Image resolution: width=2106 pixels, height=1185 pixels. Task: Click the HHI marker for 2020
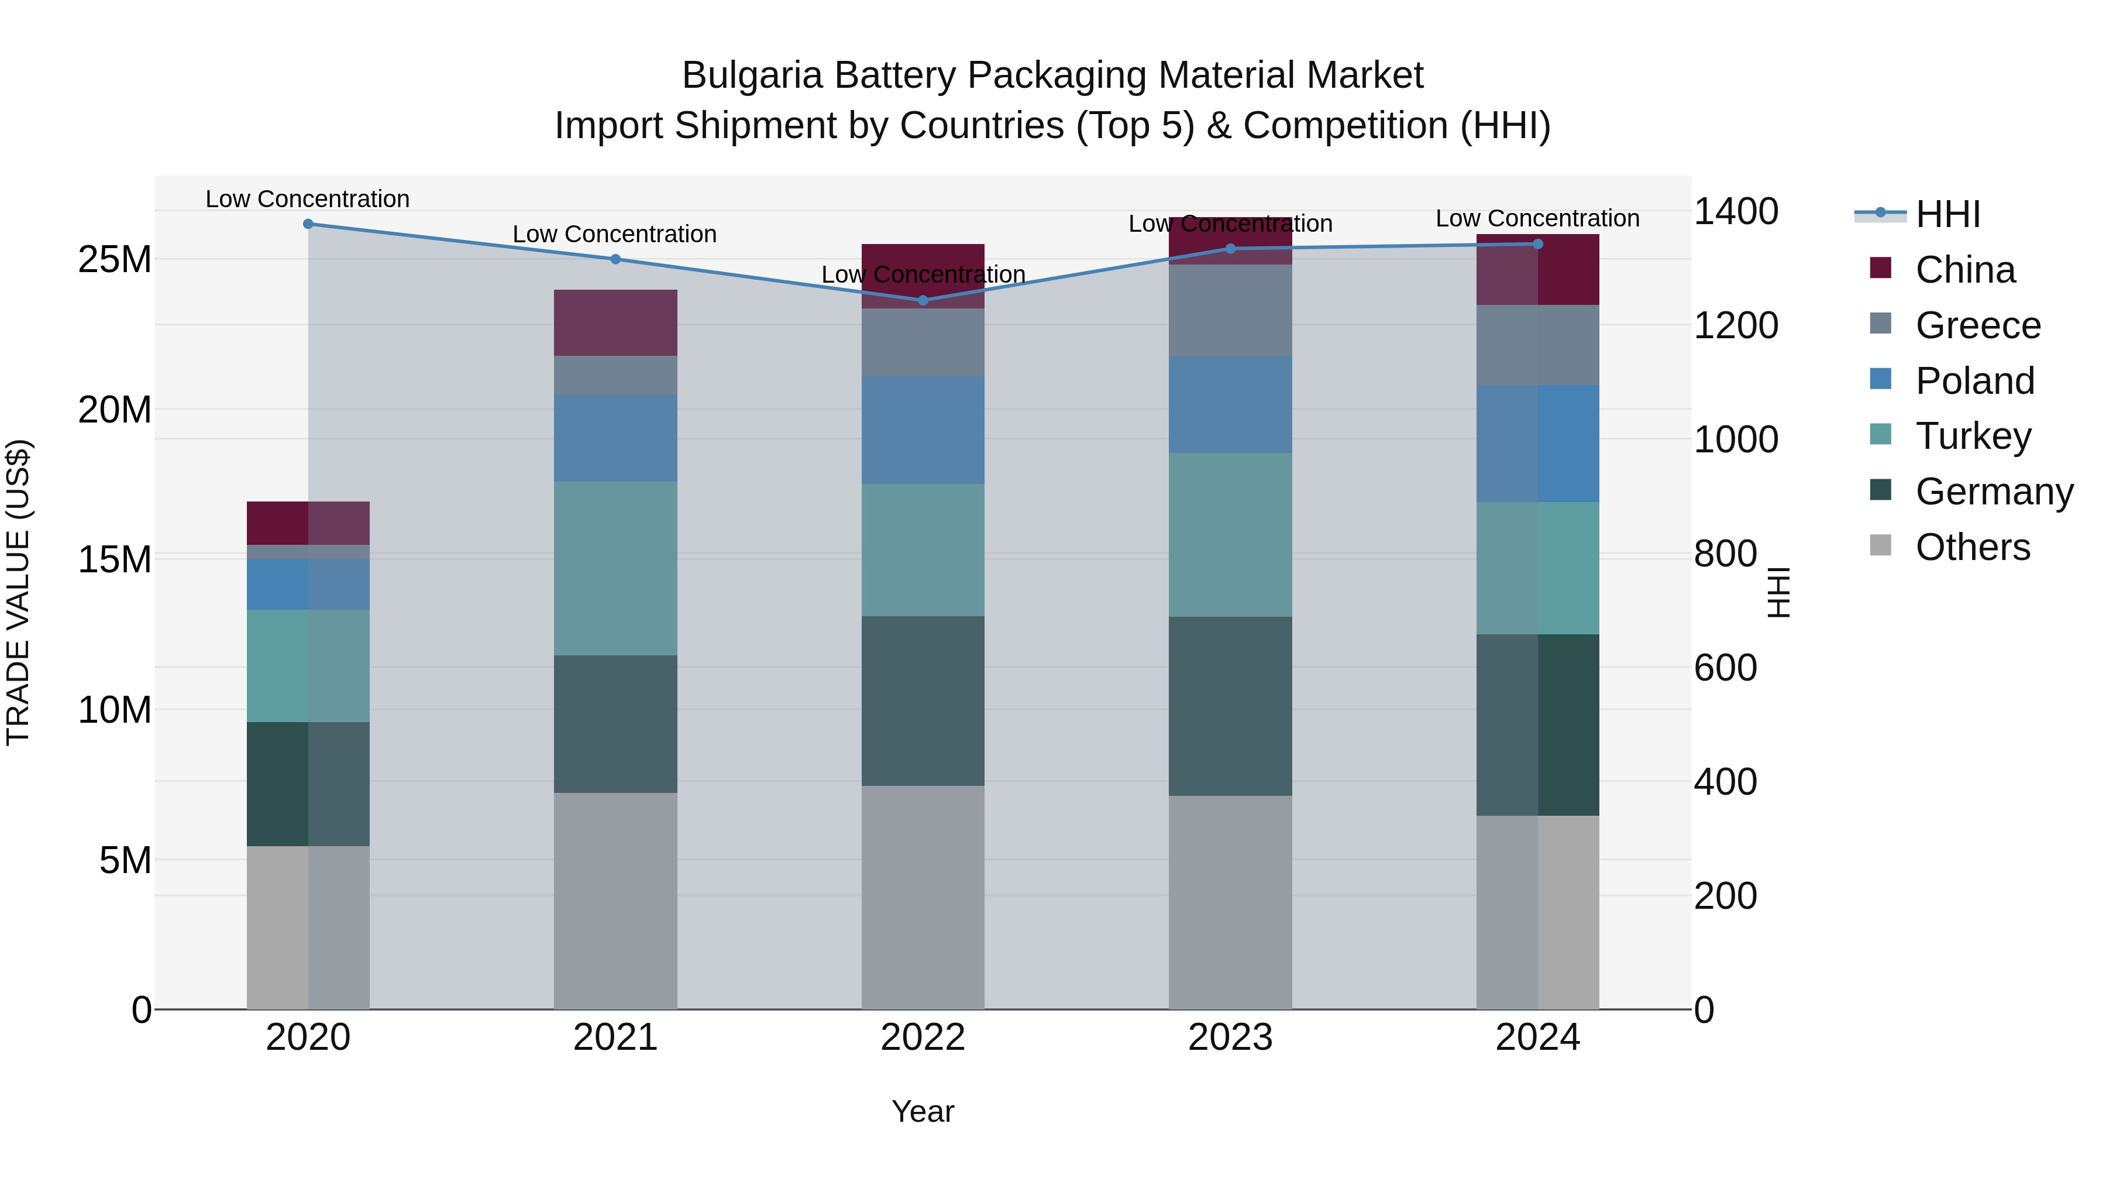point(308,224)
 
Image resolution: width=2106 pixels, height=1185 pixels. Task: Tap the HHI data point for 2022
point(923,300)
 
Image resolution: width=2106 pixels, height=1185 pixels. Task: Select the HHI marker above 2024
point(1538,243)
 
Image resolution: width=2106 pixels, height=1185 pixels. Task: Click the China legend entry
point(1964,270)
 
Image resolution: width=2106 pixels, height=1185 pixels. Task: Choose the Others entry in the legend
point(1972,547)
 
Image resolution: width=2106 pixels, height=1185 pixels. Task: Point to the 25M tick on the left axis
point(115,259)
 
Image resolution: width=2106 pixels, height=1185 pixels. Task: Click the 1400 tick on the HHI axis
point(1736,212)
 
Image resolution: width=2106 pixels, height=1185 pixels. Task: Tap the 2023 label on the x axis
point(1230,1038)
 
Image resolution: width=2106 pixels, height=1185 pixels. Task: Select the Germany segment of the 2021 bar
point(615,724)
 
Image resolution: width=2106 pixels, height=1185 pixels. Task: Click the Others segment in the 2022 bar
point(923,897)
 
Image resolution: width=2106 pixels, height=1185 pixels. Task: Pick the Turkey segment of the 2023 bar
point(1230,535)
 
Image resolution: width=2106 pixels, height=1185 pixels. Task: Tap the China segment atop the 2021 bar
point(615,322)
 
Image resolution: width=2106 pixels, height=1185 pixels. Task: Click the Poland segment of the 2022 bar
point(923,430)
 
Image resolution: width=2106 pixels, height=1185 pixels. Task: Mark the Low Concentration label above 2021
point(615,234)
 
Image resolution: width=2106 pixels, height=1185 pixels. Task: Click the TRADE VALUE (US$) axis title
point(18,592)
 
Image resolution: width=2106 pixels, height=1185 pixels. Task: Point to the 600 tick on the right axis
point(1725,668)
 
